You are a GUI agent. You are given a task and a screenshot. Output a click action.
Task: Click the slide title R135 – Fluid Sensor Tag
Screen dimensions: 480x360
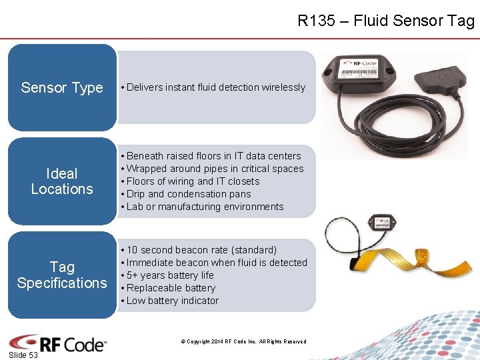click(385, 21)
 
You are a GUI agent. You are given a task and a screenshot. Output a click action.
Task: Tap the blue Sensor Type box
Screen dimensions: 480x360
click(62, 87)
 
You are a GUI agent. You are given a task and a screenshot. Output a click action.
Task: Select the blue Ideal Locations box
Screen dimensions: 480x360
click(62, 181)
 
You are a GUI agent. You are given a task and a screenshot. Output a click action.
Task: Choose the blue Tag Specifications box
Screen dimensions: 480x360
click(62, 275)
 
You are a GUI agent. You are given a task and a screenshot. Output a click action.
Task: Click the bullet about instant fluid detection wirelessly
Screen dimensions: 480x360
click(215, 87)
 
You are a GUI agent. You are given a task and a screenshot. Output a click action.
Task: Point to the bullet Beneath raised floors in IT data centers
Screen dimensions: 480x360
click(213, 156)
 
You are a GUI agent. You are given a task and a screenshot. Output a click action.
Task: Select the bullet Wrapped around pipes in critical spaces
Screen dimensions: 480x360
click(215, 169)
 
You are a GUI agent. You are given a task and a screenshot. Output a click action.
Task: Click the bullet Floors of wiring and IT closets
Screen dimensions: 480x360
click(193, 181)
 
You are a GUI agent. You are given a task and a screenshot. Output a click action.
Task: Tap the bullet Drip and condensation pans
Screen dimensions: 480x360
click(189, 194)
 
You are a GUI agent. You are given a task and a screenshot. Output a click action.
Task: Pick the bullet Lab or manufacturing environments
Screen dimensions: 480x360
click(205, 207)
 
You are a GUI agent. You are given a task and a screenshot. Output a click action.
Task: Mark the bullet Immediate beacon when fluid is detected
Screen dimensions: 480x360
click(217, 263)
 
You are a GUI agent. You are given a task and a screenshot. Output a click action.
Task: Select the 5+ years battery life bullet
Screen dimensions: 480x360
click(170, 275)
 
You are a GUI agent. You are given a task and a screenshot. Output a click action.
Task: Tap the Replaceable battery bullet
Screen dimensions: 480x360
click(171, 288)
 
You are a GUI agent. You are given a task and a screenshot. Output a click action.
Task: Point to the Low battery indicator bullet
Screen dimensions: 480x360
click(172, 301)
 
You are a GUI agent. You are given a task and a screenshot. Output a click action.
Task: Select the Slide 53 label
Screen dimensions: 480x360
click(23, 355)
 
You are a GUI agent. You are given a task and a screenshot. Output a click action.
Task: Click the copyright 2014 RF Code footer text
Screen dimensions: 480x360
click(243, 341)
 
